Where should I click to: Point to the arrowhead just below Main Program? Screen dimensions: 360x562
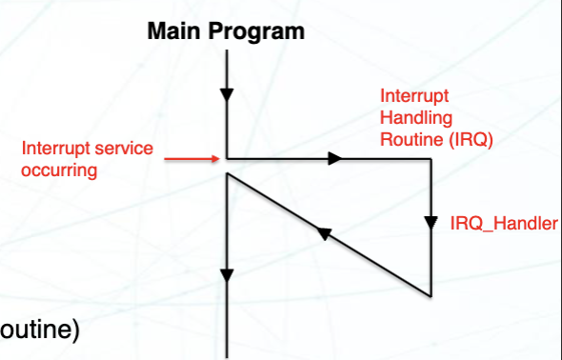pos(226,95)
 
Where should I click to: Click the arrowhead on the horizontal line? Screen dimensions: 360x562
pos(334,158)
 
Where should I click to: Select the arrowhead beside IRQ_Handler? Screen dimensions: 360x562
pos(431,225)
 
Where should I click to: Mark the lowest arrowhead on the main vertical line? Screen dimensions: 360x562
pos(226,276)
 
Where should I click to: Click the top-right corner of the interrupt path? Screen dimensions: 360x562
pos(431,158)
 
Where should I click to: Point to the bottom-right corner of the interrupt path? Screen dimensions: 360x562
pos(431,295)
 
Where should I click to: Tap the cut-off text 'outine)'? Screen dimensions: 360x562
pos(39,330)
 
